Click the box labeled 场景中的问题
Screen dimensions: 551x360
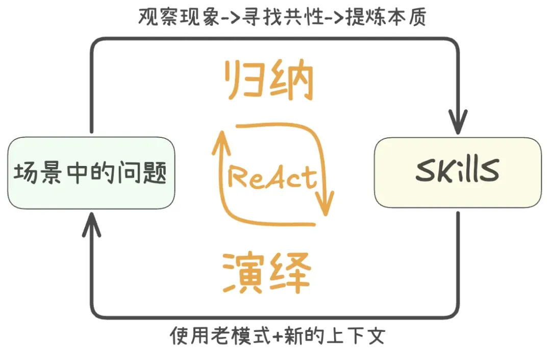tap(91, 173)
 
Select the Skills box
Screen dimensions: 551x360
tap(458, 172)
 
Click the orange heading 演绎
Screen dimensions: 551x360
tap(267, 273)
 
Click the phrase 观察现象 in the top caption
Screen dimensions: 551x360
tap(179, 16)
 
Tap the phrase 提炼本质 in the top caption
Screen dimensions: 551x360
tap(386, 16)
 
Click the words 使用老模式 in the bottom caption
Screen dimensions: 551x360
tap(221, 335)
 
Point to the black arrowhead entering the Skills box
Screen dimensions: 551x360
tap(458, 122)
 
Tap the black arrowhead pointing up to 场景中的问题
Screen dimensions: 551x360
tap(91, 225)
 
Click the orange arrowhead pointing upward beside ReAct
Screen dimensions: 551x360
tap(221, 143)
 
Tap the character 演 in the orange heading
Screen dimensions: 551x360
tap(243, 273)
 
